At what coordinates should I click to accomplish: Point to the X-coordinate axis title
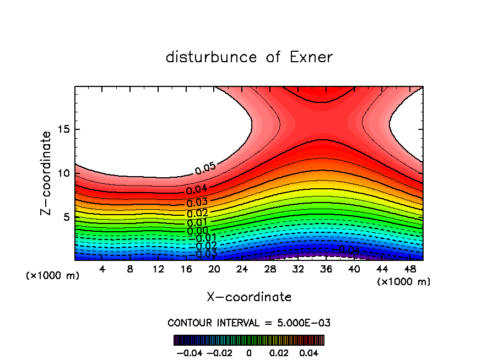pos(249,297)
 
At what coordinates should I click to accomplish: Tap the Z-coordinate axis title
pos(46,173)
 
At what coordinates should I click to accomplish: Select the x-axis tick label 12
pos(158,269)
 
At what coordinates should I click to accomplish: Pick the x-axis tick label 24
pos(242,269)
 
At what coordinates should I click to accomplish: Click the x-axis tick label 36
pos(326,269)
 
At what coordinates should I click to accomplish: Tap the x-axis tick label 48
pos(409,269)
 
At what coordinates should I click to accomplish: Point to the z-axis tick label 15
pos(64,129)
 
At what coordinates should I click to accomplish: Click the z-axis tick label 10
pos(64,173)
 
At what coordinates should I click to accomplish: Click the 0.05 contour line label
pos(205,169)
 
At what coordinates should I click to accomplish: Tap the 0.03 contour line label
pos(197,203)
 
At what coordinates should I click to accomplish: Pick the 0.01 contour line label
pos(197,222)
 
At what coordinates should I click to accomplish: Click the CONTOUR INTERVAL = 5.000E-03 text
pos(249,323)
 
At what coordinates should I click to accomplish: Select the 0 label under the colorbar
pos(249,352)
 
